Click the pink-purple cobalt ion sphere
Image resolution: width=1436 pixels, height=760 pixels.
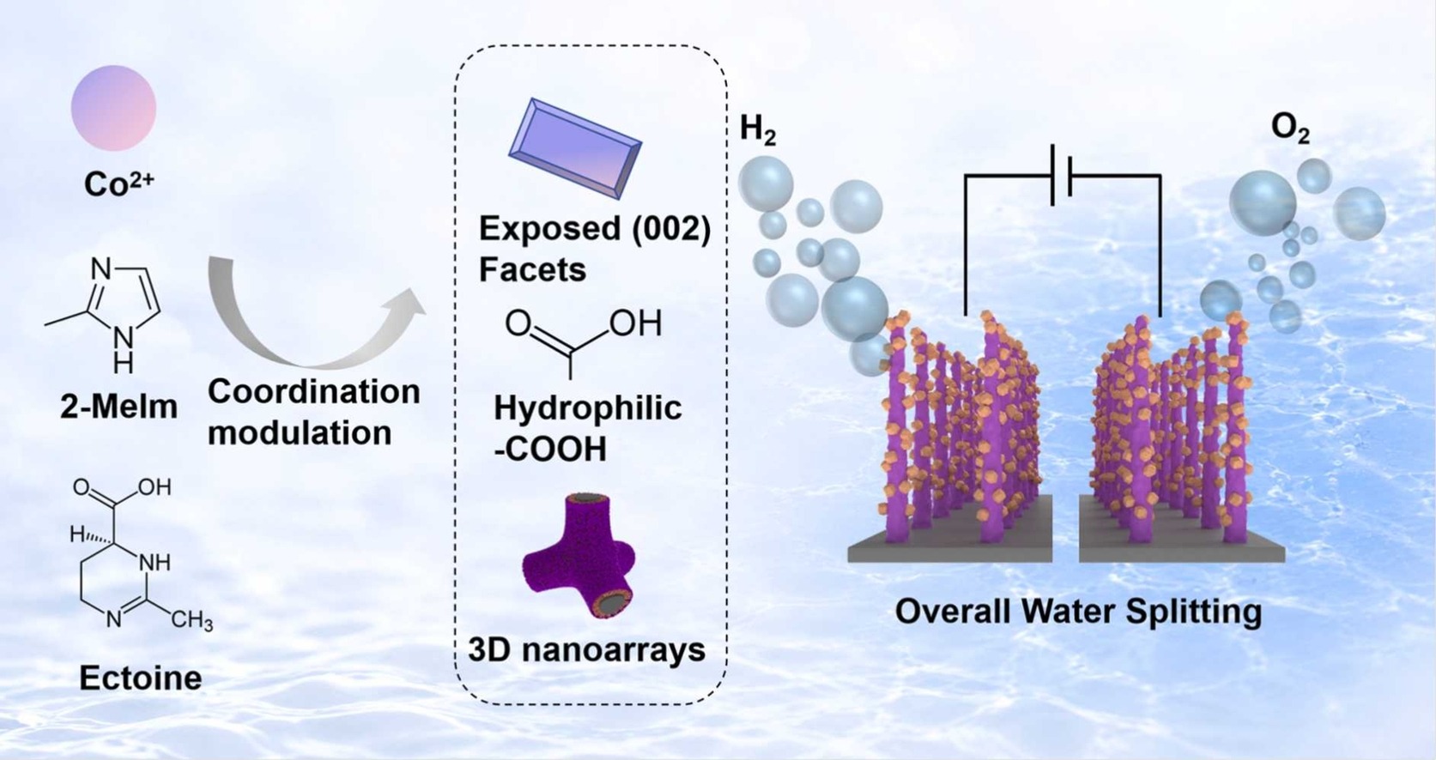tap(113, 108)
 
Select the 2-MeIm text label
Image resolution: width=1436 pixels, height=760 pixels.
tap(119, 407)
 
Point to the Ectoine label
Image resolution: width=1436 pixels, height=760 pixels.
tap(141, 679)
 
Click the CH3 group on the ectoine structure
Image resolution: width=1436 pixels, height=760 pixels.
tap(191, 620)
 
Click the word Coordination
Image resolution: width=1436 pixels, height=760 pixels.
tap(314, 391)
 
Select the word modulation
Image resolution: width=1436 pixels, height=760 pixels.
tap(300, 433)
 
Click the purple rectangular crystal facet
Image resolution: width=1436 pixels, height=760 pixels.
tap(575, 148)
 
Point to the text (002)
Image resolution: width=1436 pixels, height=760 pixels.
tap(671, 229)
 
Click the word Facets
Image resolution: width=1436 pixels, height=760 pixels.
tap(532, 270)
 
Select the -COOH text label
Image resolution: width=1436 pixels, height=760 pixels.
tap(550, 449)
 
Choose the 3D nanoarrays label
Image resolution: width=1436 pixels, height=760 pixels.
tap(586, 650)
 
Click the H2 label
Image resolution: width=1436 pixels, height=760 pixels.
tap(758, 130)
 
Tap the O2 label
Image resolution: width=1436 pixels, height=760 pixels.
tap(1290, 130)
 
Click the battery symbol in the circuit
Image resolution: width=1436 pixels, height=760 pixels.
tap(1061, 175)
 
